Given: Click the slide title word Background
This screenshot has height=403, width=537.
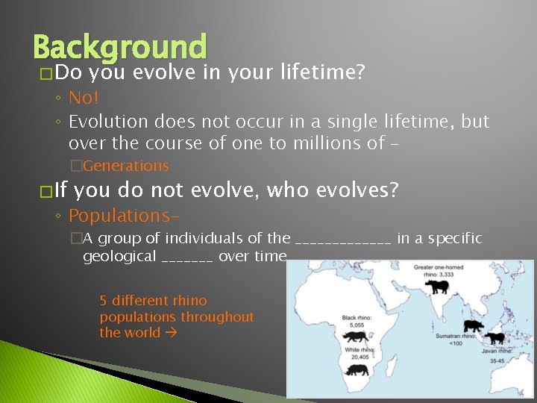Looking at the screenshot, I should pos(119,46).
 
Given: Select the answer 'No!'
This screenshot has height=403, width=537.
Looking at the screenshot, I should pos(84,98).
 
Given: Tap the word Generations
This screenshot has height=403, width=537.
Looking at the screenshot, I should pos(126,166).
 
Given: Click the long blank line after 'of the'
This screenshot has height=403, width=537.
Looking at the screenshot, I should pos(343,240).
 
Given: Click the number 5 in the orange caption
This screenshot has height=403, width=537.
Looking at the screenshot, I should pos(104,301).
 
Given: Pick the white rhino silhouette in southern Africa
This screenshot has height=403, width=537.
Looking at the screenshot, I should pos(359,369).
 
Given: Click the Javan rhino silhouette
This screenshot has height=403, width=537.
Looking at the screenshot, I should pos(494,338).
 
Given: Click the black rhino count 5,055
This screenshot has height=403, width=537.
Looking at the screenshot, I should pos(354,325).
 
